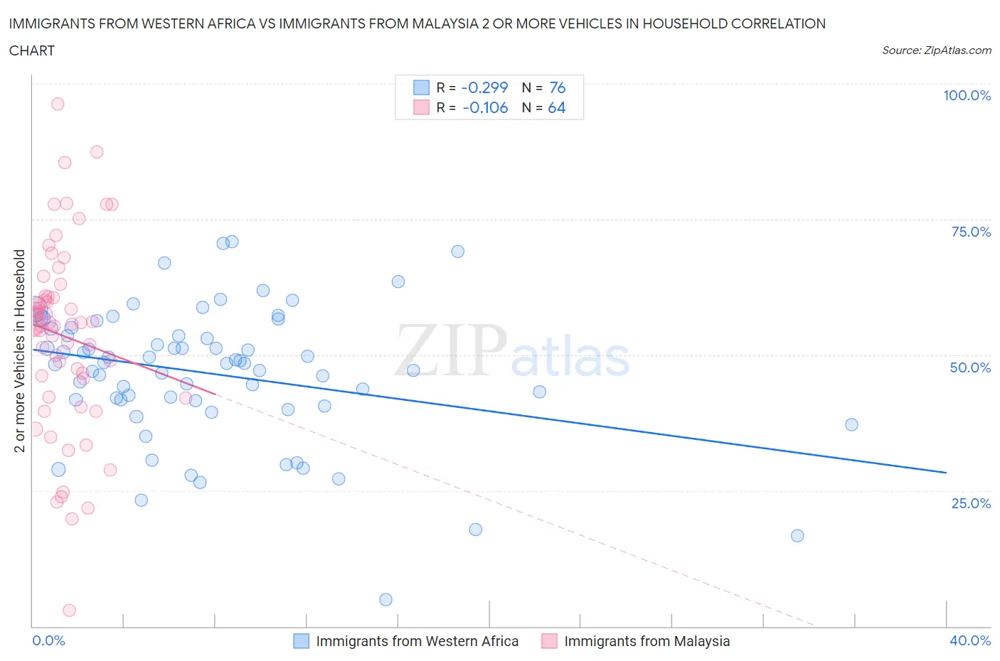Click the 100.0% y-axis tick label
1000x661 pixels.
[x=967, y=95]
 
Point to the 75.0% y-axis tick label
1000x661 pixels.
[x=971, y=232]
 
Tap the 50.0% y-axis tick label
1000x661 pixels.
[x=970, y=367]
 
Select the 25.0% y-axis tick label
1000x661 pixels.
[x=971, y=503]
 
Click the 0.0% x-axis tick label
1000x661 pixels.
[x=48, y=640]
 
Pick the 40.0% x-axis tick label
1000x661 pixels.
[x=970, y=640]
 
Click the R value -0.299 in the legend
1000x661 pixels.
[x=484, y=87]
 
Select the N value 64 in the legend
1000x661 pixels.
[x=556, y=108]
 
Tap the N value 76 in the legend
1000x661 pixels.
[x=557, y=87]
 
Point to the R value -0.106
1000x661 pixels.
[x=485, y=108]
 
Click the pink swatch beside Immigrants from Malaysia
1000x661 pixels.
[x=549, y=641]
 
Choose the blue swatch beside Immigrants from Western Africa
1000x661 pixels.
[x=302, y=641]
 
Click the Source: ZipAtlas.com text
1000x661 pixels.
[x=936, y=50]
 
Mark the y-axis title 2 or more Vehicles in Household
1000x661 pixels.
[x=20, y=350]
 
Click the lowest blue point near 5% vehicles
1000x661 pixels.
[x=385, y=600]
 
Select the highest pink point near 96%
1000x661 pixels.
[x=58, y=104]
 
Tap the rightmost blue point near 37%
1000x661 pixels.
[x=851, y=424]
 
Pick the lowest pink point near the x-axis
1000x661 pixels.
[x=69, y=610]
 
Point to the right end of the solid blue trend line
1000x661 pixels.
[x=946, y=473]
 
